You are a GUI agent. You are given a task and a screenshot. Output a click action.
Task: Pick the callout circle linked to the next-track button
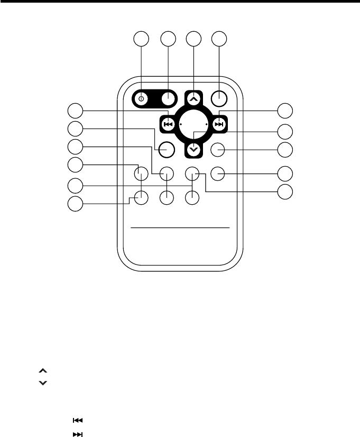point(285,111)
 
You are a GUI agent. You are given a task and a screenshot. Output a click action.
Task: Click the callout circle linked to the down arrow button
point(285,131)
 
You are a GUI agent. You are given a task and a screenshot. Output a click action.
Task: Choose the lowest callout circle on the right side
point(285,192)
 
